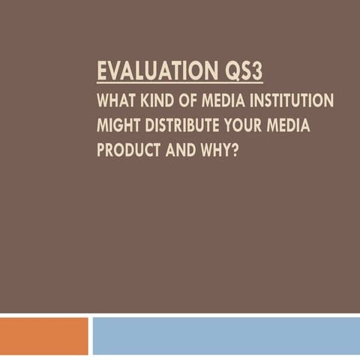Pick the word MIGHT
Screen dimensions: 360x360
118,124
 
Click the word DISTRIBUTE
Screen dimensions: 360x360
181,124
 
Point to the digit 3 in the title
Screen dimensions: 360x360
256,72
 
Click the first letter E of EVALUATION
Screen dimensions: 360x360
102,72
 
